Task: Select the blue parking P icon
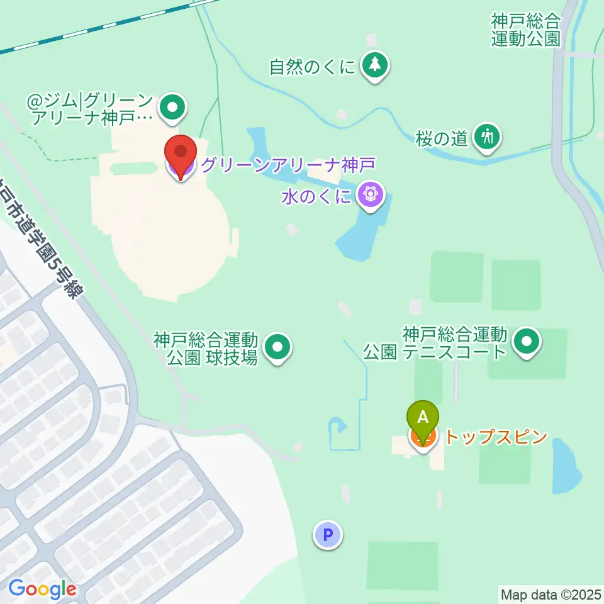[x=327, y=535]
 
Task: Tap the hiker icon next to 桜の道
[x=487, y=135]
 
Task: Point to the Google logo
[x=42, y=590]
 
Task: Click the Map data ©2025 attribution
[x=551, y=593]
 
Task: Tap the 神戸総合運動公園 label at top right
[x=525, y=30]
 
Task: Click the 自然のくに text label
[x=312, y=67]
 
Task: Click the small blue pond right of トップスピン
[x=566, y=466]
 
